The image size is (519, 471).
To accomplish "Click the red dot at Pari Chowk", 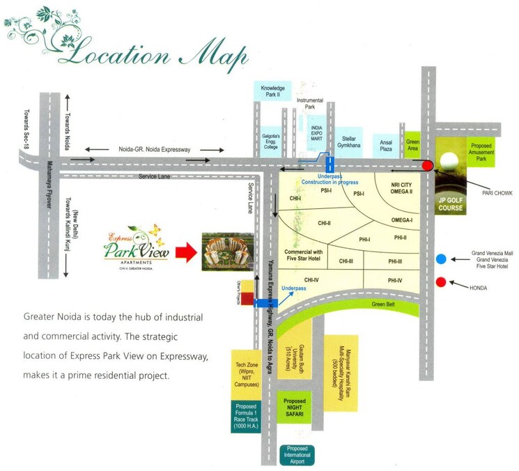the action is pyautogui.click(x=428, y=165).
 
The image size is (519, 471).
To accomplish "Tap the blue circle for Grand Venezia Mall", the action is pyautogui.click(x=442, y=259).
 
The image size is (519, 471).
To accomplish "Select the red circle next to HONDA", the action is pyautogui.click(x=442, y=282).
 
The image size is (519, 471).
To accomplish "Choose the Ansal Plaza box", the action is pyautogui.click(x=386, y=143).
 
